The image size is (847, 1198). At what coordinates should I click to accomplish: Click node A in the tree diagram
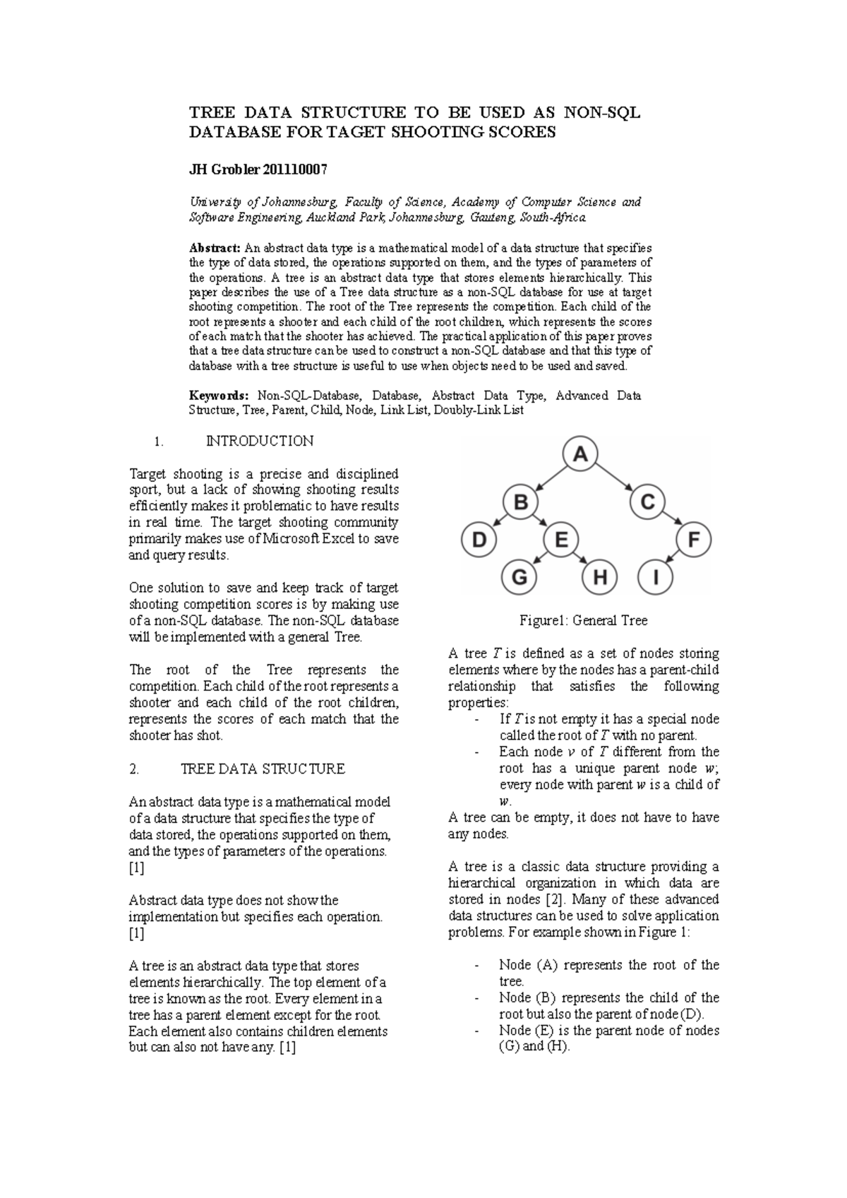(x=580, y=456)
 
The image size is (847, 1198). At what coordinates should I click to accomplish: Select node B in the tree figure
(x=521, y=503)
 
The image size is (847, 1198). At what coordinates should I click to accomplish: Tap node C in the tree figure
(x=648, y=503)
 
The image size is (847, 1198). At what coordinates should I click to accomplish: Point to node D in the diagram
(x=479, y=541)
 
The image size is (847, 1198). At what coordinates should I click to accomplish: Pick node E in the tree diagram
(x=562, y=541)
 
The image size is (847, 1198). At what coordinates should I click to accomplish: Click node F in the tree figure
(x=694, y=541)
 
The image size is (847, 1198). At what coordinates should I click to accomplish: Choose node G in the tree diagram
(x=519, y=579)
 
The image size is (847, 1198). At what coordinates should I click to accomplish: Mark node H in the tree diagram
(x=600, y=579)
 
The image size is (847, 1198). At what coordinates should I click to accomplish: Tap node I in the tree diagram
(x=656, y=579)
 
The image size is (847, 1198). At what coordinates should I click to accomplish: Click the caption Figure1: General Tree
(x=584, y=621)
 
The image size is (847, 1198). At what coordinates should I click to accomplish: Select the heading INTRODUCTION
(x=259, y=441)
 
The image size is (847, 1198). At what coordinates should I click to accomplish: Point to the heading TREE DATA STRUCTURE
(x=263, y=769)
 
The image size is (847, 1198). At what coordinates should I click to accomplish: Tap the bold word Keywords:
(x=219, y=396)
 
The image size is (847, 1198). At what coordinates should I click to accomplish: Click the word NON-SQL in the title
(x=602, y=112)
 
